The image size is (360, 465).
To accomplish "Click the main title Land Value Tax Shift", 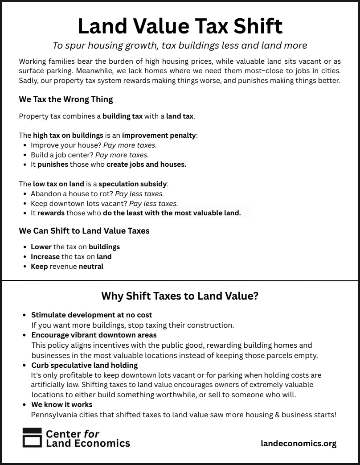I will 180,26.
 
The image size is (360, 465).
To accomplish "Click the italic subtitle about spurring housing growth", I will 180,45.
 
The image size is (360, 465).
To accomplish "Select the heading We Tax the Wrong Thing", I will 66,99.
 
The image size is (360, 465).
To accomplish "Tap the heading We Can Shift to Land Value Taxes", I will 84,231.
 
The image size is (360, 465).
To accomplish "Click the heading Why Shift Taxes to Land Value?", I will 180,296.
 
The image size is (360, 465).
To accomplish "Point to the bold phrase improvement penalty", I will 159,136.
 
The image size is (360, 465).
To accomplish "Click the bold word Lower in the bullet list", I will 41,247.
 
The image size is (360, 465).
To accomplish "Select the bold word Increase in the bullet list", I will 45,257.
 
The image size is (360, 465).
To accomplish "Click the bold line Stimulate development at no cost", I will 91,315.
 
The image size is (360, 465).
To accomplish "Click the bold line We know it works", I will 61,405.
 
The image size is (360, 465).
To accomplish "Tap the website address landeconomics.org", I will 299,443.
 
